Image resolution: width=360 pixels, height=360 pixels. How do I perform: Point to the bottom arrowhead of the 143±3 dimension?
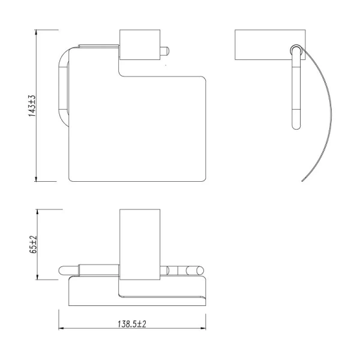(37, 180)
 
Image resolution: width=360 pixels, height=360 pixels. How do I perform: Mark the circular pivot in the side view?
(296, 50)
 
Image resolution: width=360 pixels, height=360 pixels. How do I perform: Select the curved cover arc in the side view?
(323, 120)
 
